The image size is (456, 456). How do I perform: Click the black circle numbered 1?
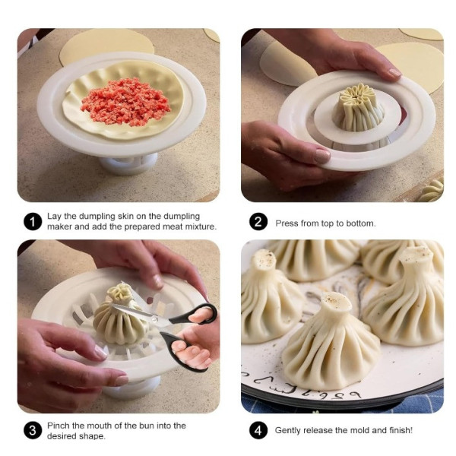coord(33,222)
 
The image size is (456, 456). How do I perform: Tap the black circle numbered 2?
coord(258,222)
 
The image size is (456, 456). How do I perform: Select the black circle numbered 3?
coord(33,431)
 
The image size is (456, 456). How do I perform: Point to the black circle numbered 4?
coord(258,431)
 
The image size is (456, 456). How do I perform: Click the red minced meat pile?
coord(125,102)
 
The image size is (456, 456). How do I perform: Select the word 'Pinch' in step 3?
coord(59,426)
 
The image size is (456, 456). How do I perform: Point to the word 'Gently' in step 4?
coord(287,431)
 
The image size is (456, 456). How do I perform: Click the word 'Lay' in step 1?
coord(54,217)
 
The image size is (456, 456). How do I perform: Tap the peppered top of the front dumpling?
coord(336,302)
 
